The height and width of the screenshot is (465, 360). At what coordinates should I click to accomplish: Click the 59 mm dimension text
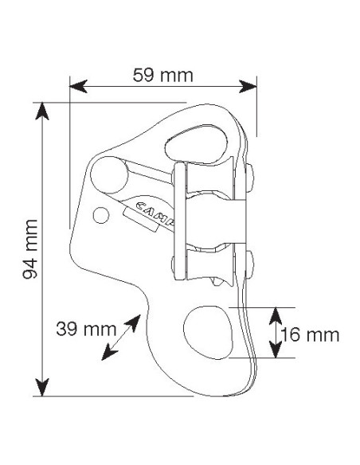pos(163,76)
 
